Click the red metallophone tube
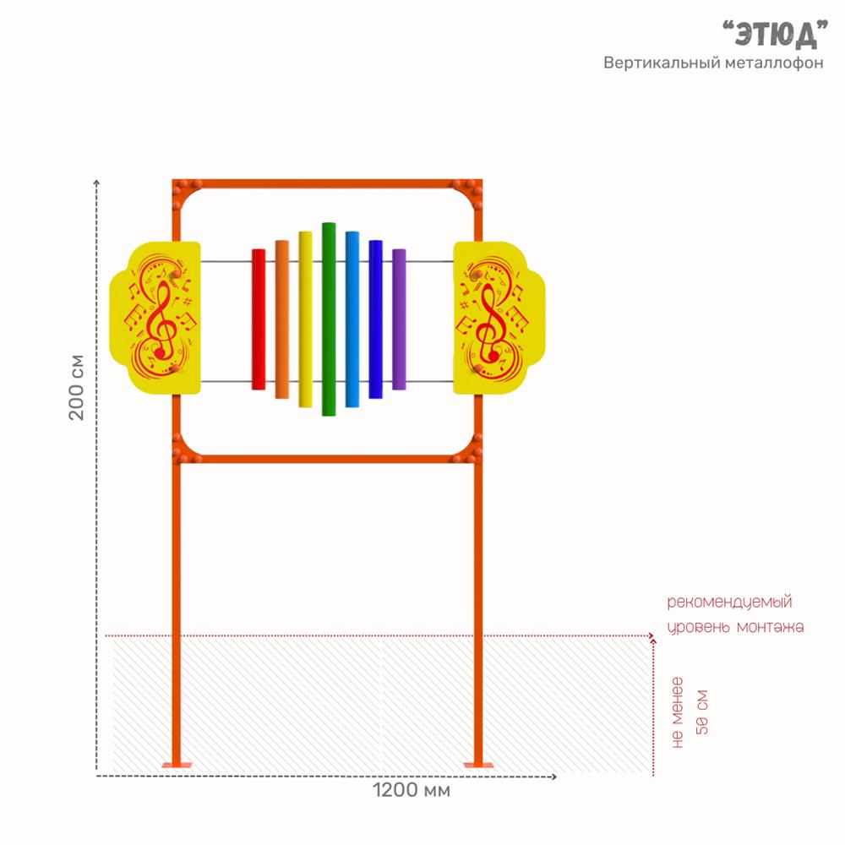click(259, 319)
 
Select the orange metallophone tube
click(282, 319)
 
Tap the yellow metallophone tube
click(306, 319)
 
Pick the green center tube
click(329, 319)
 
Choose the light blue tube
click(352, 319)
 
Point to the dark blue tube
click(376, 319)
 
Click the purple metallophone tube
click(400, 319)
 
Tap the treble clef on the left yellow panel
click(160, 319)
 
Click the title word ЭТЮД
click(775, 34)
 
